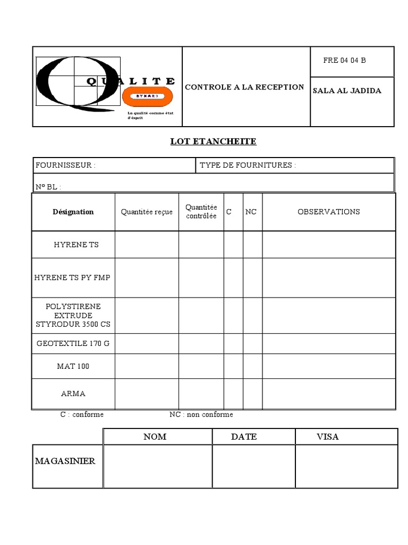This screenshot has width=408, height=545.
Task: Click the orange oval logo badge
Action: click(x=148, y=96)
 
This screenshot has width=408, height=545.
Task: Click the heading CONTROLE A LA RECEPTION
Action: click(x=244, y=87)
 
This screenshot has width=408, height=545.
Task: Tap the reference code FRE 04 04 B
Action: click(x=344, y=60)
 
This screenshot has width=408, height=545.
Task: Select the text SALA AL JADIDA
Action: click(x=347, y=90)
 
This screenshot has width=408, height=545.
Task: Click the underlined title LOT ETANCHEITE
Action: click(x=213, y=142)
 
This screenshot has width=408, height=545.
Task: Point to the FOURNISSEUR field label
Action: click(x=66, y=166)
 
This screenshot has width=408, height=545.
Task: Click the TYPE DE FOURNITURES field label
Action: click(x=248, y=166)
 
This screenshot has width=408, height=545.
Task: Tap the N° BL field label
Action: click(x=48, y=187)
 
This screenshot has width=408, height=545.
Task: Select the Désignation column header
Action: click(x=73, y=212)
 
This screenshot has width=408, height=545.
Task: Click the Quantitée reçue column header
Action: click(x=147, y=212)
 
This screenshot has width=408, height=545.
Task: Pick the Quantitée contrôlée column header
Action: click(x=201, y=212)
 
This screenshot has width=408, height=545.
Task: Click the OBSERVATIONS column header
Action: click(x=328, y=212)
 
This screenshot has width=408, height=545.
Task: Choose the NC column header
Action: click(x=251, y=212)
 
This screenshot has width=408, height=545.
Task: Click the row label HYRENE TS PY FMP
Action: click(x=72, y=278)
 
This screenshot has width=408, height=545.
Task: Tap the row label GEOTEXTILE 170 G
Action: click(x=73, y=343)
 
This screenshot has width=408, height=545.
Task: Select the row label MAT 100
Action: click(x=73, y=367)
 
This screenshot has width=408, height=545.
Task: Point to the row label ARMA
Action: click(x=73, y=394)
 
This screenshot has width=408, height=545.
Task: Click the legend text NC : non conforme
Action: click(x=201, y=415)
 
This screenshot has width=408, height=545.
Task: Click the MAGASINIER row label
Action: click(x=65, y=461)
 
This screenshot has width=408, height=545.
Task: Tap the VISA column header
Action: click(x=327, y=437)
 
